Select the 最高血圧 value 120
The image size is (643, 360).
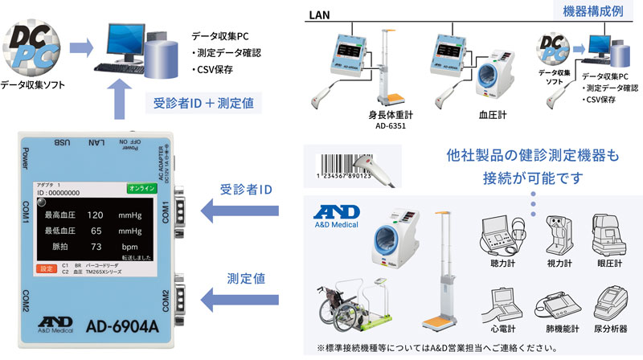(95, 215)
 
